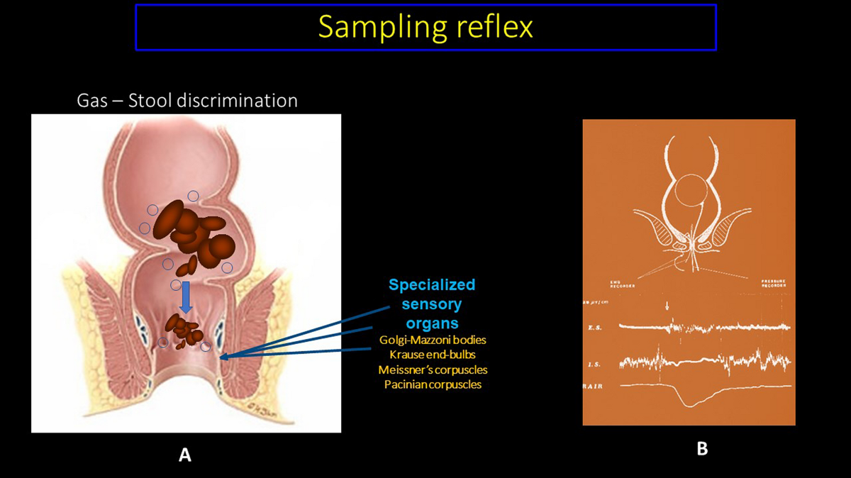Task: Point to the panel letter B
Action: [702, 448]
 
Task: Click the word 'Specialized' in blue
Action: [432, 285]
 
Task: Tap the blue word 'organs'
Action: [432, 324]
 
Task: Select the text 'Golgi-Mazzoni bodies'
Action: [433, 340]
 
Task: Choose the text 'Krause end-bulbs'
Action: [433, 355]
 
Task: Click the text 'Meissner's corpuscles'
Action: [433, 369]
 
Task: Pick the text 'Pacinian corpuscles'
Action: [433, 384]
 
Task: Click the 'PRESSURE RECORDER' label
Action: [772, 282]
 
